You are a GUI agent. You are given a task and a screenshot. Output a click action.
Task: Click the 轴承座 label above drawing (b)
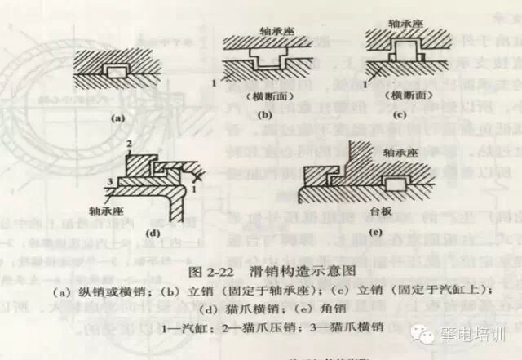pyautogui.click(x=259, y=24)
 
